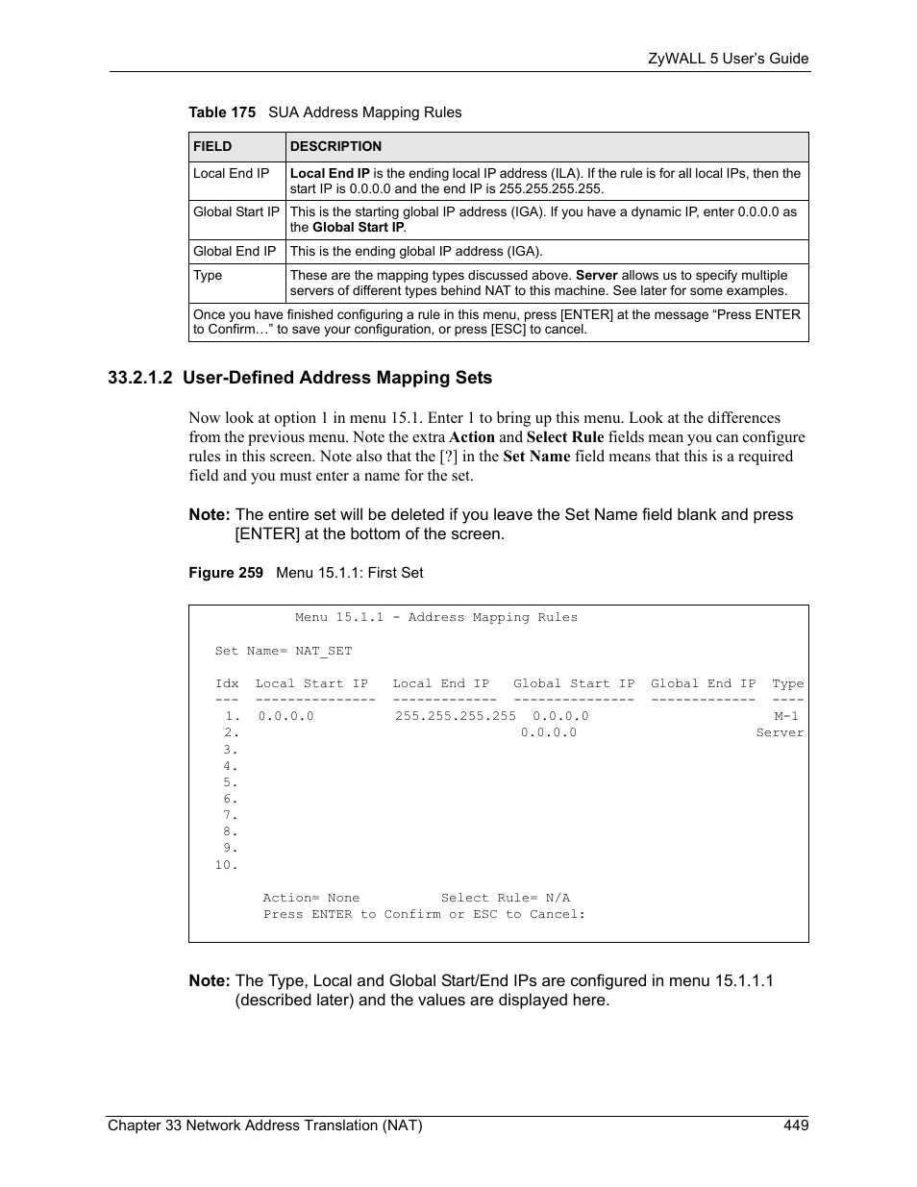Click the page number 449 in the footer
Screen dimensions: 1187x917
tap(795, 1125)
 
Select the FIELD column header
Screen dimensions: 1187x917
tap(212, 147)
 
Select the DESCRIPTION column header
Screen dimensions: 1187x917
tap(335, 147)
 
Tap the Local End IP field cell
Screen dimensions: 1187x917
tap(232, 174)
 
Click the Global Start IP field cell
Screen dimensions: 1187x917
tap(236, 212)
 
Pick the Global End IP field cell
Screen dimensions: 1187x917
tap(235, 252)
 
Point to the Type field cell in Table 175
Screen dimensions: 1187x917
tap(208, 276)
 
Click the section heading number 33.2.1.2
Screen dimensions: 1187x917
tap(140, 378)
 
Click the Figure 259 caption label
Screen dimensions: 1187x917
tap(226, 573)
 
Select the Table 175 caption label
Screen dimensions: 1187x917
tap(222, 112)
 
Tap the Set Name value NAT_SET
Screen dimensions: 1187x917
tap(323, 651)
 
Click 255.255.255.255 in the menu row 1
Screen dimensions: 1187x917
tap(455, 716)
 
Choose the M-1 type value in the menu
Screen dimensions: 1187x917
tap(786, 716)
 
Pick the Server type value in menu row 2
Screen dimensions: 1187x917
tap(779, 732)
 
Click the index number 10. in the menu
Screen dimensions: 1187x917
tap(226, 865)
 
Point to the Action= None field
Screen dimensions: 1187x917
tap(310, 898)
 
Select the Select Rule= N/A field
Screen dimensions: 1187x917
tap(505, 898)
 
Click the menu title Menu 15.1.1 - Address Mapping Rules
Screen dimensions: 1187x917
tap(436, 618)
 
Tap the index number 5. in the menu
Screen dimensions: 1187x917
tap(230, 782)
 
